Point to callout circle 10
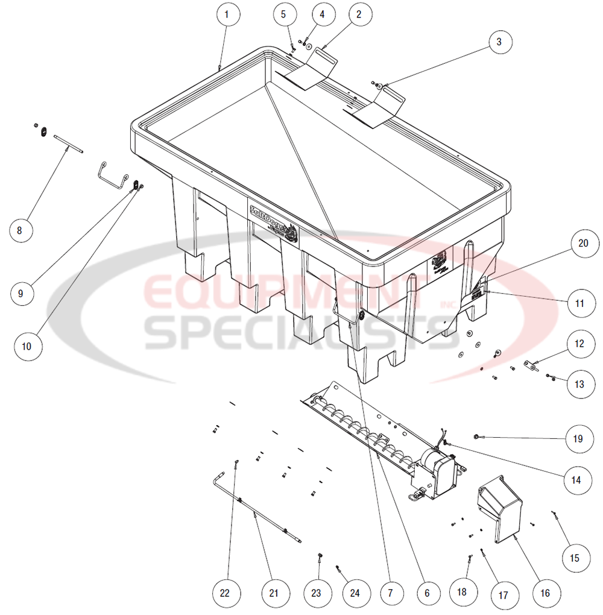[x=27, y=346]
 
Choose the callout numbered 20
[x=582, y=243]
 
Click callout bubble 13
[x=579, y=383]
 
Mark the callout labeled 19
[x=578, y=438]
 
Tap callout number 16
[x=545, y=593]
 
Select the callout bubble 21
[x=274, y=593]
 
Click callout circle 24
[x=355, y=593]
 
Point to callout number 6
[x=427, y=593]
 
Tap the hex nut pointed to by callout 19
[x=476, y=436]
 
